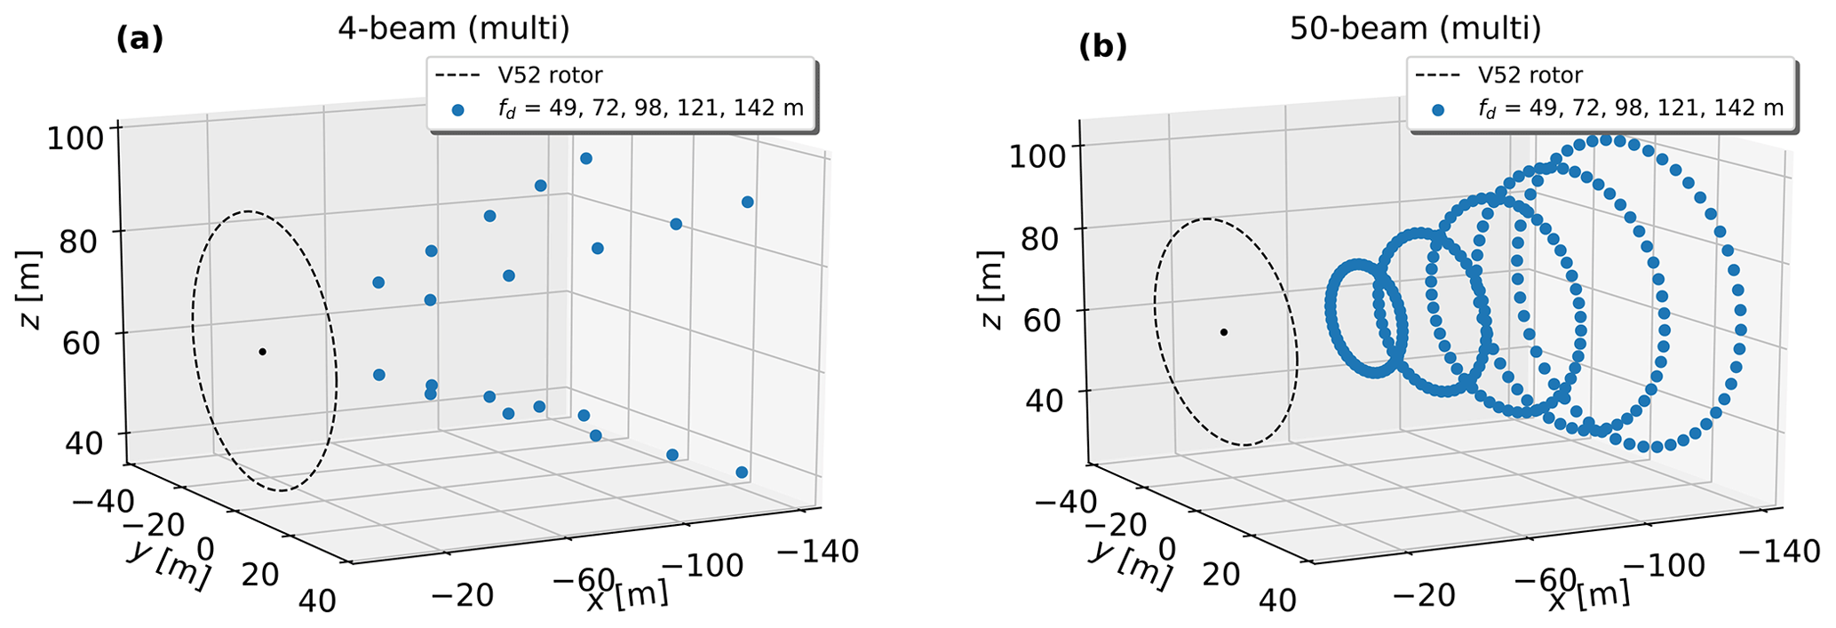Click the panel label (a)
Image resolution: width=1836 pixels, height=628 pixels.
(140, 39)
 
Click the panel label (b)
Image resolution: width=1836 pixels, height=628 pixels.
(1102, 47)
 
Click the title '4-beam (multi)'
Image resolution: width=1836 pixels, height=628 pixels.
(453, 29)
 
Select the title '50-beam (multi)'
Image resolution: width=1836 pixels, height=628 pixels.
(1415, 29)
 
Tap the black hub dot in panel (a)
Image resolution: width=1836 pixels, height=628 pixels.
(262, 352)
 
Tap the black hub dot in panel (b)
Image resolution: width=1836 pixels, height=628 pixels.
(1224, 332)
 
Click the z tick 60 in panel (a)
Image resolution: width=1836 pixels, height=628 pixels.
(82, 341)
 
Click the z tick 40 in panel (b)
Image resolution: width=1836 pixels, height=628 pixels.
(1043, 400)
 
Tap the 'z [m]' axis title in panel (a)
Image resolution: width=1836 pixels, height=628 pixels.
(32, 302)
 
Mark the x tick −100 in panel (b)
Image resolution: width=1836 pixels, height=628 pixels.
(1667, 564)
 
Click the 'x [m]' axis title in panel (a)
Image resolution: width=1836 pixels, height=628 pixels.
(627, 596)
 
